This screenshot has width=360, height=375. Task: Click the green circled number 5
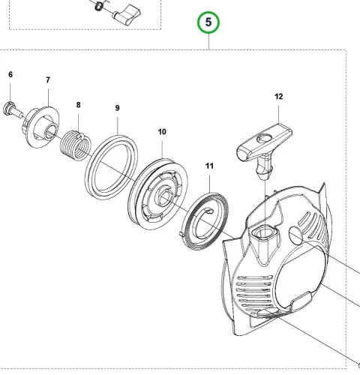coord(208,22)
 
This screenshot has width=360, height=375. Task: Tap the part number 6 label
coord(10,74)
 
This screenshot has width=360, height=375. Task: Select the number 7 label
coord(48,80)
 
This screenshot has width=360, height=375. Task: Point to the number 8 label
coord(79,105)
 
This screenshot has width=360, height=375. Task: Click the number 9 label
coord(118,108)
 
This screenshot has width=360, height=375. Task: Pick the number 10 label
coord(162,132)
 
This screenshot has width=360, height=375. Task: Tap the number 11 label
coord(209,166)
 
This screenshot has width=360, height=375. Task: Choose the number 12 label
coord(279,97)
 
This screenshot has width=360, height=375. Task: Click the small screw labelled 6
coord(13,110)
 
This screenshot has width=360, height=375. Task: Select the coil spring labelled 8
coord(76,145)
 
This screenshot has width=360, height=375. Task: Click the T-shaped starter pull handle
coord(265,151)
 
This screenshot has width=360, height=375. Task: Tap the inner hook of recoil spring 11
coord(209,211)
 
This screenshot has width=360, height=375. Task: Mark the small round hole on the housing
coord(295,234)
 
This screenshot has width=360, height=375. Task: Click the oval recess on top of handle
coord(264,137)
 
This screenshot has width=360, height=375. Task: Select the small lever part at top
coord(127,14)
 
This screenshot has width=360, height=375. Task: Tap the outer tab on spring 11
coord(182,233)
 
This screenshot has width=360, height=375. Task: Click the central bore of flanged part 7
coord(50,131)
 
